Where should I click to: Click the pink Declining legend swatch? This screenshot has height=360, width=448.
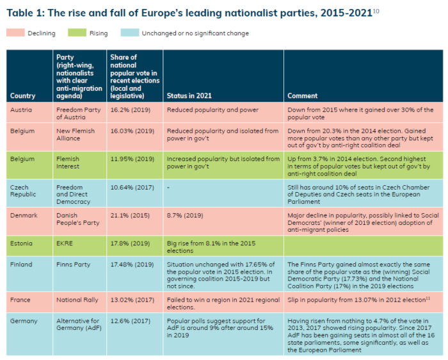click(15, 33)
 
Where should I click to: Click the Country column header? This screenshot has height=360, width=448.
click(23, 96)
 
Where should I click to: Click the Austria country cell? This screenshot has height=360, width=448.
click(22, 110)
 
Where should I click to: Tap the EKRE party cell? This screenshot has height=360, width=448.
click(65, 243)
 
